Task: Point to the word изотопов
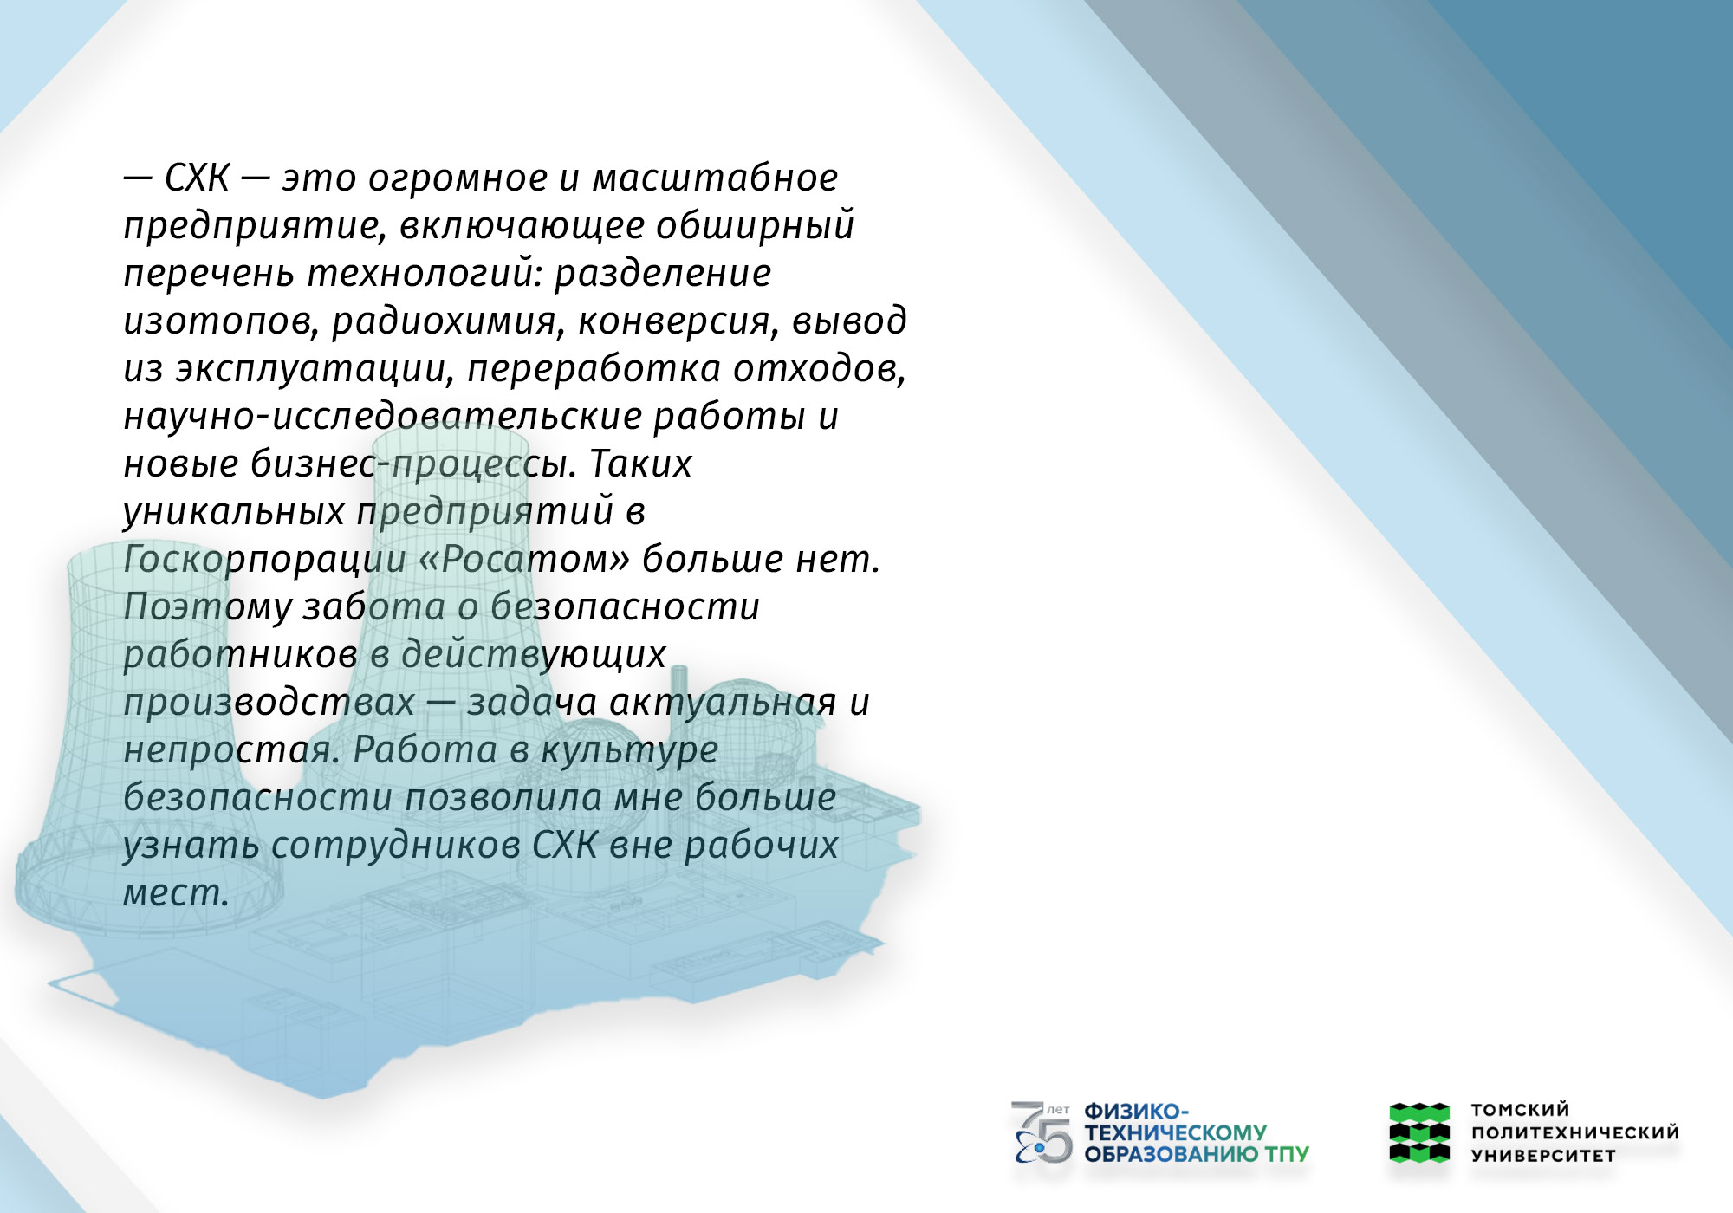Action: (x=221, y=321)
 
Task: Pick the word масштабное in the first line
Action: (x=715, y=178)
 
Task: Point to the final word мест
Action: (x=176, y=893)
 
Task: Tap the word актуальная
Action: (x=723, y=703)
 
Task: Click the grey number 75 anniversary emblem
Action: (x=1042, y=1132)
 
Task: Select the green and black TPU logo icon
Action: (x=1419, y=1132)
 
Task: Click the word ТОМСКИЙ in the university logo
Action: (x=1520, y=1110)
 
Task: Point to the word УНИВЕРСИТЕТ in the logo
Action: (x=1543, y=1156)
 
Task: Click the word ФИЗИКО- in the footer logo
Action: (x=1137, y=1112)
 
